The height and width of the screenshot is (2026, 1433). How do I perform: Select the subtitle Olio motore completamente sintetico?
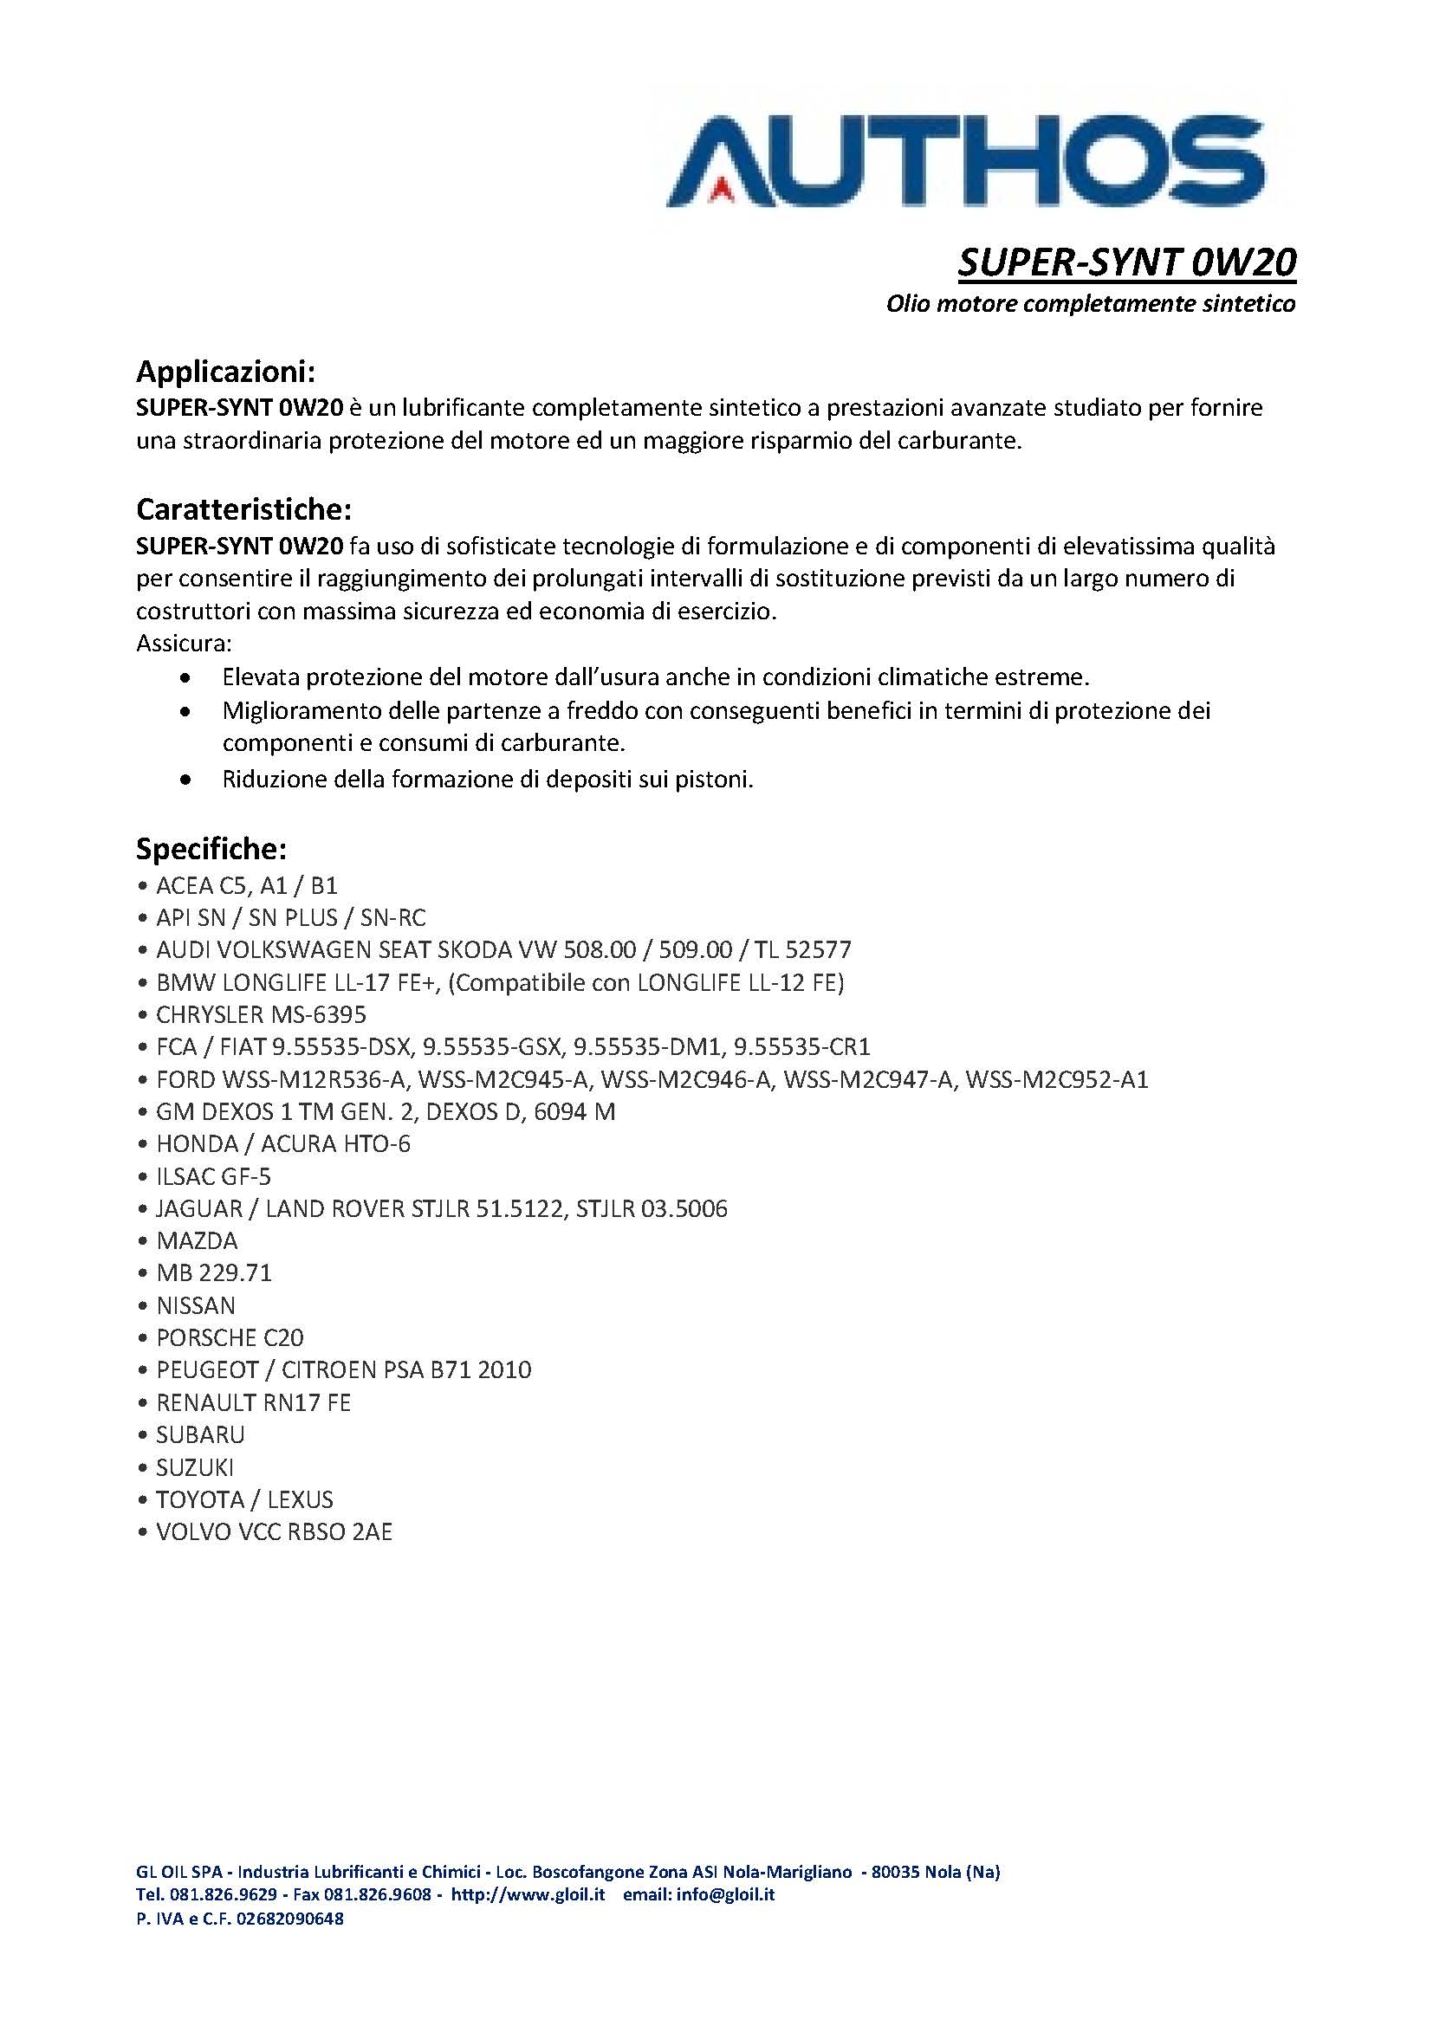[1091, 304]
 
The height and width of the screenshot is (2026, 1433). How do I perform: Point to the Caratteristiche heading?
[243, 509]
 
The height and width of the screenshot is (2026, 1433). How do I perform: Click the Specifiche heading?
[211, 849]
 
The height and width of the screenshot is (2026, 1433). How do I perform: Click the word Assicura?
[184, 644]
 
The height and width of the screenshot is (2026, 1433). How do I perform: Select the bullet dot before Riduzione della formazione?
[185, 780]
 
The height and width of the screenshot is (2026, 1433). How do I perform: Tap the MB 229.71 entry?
[213, 1272]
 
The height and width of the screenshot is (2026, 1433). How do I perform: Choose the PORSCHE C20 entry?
[230, 1337]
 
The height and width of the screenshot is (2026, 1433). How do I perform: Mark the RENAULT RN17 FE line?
[253, 1402]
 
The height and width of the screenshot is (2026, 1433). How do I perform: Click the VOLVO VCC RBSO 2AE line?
[274, 1532]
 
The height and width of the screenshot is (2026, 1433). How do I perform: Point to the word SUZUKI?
[195, 1467]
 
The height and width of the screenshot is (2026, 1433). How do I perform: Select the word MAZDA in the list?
[197, 1240]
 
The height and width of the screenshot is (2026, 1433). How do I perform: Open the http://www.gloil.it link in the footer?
[528, 1893]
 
